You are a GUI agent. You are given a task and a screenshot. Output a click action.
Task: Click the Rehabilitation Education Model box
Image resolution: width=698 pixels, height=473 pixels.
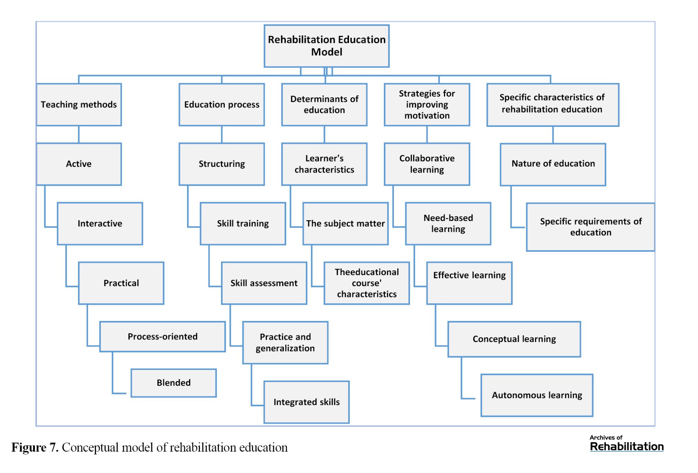coord(326,46)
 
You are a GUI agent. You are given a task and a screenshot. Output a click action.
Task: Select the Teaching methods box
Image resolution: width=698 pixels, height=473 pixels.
coord(79,105)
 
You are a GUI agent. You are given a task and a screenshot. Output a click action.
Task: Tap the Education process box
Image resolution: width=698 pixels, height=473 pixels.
coord(222,105)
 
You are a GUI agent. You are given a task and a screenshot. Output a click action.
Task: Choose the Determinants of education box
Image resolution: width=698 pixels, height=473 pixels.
coord(324,105)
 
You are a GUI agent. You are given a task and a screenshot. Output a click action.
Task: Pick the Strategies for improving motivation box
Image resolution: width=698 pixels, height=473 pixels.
coord(427,105)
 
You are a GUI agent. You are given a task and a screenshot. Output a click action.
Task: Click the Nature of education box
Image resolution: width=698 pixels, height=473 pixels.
coord(553,164)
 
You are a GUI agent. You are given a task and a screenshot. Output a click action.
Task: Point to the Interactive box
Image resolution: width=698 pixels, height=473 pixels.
coord(100,223)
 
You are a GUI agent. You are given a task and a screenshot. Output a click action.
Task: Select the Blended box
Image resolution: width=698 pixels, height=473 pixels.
coord(173,383)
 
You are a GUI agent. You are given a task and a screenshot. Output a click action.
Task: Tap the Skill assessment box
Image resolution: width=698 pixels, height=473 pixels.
coord(264,283)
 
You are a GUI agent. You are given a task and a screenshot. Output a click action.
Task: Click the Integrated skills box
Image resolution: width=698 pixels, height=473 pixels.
coord(306,402)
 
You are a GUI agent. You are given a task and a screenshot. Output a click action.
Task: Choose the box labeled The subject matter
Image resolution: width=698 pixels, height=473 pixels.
coord(346,223)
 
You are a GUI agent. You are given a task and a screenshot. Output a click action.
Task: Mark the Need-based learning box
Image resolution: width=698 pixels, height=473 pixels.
coord(448,223)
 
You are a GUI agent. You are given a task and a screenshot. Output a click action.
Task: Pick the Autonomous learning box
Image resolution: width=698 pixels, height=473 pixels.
coord(537,395)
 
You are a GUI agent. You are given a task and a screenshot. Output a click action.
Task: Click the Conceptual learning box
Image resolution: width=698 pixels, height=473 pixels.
coord(514,339)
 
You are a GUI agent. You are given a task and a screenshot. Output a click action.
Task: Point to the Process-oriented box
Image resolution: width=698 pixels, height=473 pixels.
coord(162,337)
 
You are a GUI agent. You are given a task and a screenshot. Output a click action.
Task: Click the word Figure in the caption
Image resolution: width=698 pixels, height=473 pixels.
coord(29,448)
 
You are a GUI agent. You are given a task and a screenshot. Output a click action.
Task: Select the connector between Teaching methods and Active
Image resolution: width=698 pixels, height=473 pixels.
coord(79,134)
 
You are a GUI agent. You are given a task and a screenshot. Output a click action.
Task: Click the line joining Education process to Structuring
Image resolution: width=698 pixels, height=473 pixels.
coord(222,134)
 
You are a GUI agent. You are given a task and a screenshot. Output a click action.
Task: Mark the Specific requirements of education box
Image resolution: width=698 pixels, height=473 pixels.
coord(591,227)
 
